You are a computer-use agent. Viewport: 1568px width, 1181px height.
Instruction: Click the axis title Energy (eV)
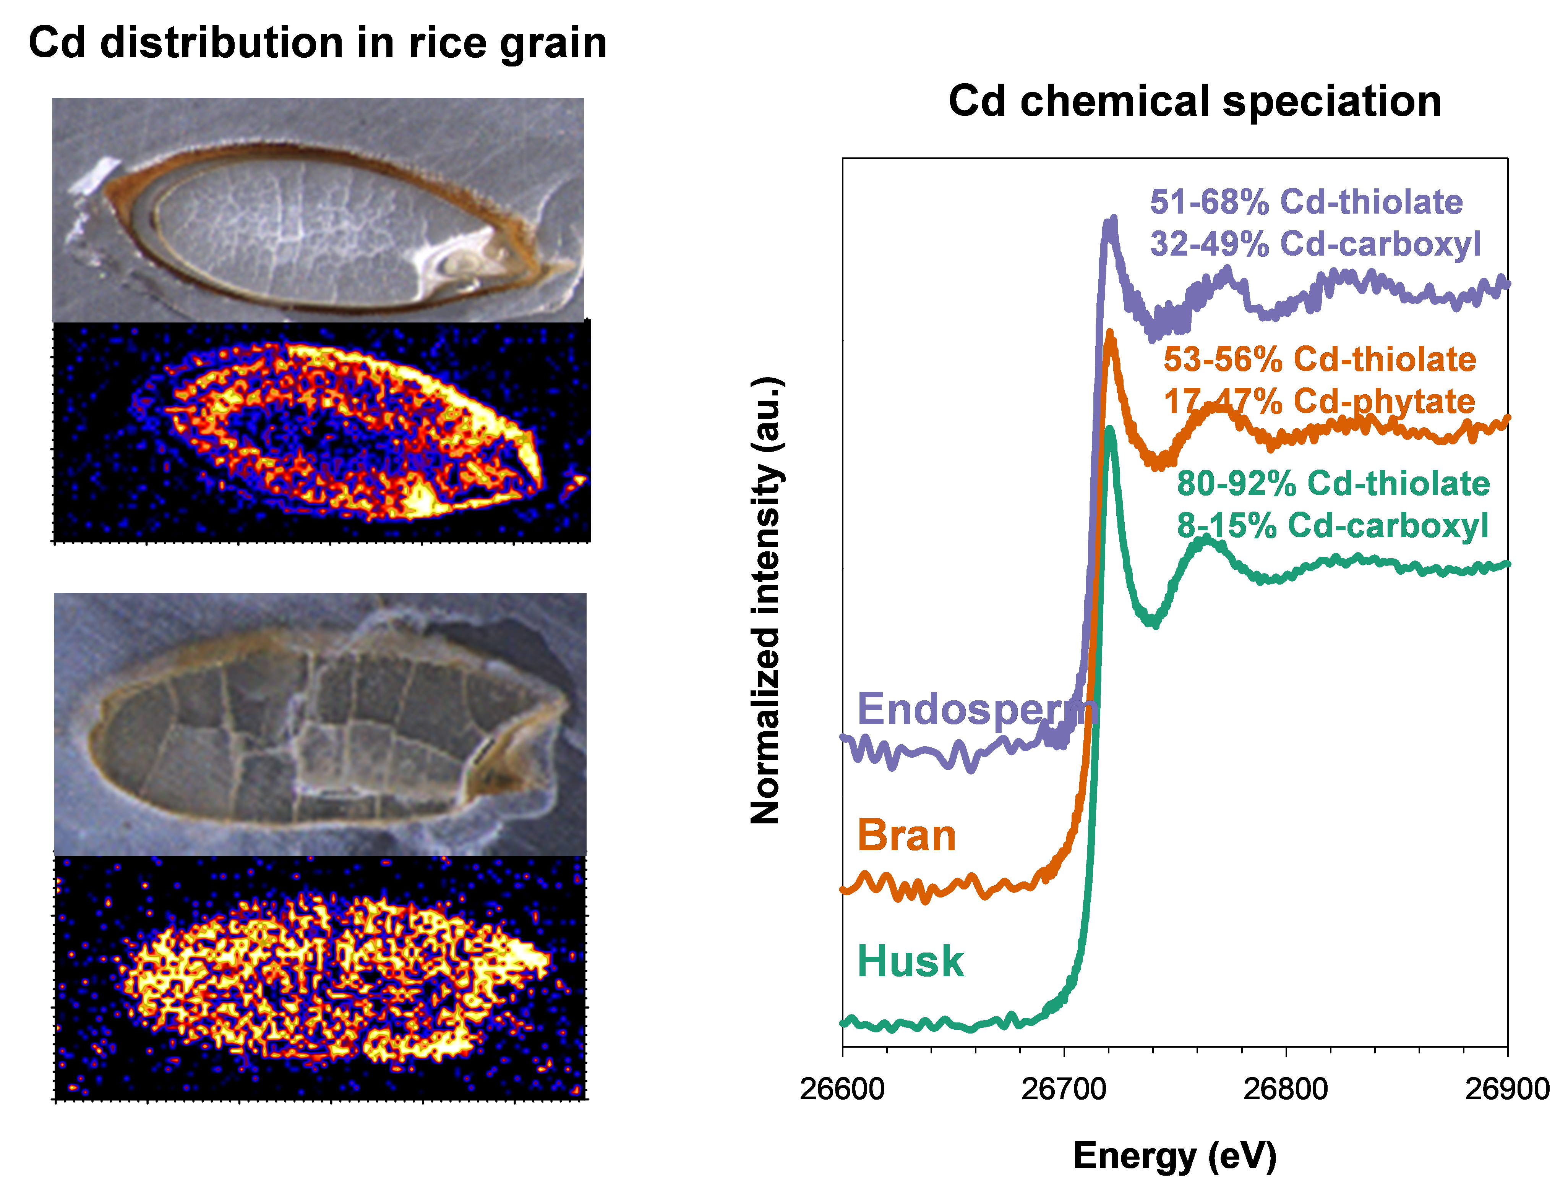pos(1175,1155)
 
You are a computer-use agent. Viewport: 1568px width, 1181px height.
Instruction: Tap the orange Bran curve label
pos(906,836)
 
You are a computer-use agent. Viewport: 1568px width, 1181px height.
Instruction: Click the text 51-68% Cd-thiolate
pos(1306,202)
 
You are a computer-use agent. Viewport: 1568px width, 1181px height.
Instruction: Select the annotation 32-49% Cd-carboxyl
pos(1315,244)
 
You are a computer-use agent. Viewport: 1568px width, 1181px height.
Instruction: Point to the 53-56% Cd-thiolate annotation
pos(1319,360)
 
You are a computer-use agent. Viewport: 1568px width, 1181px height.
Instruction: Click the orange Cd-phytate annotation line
pos(1319,401)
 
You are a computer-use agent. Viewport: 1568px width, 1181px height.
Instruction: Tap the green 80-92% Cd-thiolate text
pos(1333,483)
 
